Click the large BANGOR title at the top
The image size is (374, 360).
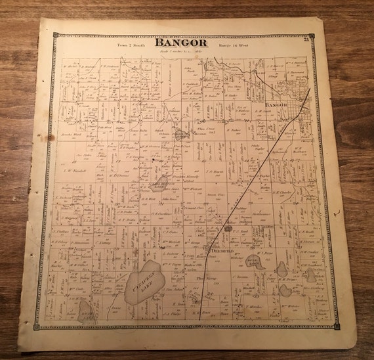[x=181, y=43]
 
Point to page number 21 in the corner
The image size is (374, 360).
[x=306, y=41]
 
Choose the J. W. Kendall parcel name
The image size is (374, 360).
[x=70, y=173]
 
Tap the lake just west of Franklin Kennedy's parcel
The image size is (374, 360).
[x=159, y=182]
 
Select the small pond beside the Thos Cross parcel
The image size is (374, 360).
[x=180, y=134]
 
